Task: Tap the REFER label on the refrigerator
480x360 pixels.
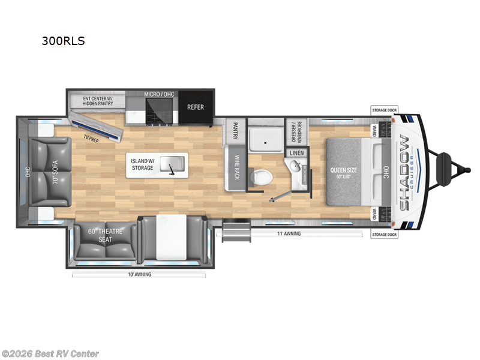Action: click(196, 107)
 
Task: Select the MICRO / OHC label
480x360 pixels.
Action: click(159, 94)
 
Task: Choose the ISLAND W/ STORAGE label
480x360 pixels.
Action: click(143, 164)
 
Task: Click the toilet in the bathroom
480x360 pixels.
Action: click(262, 176)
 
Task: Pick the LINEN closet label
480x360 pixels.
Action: click(296, 152)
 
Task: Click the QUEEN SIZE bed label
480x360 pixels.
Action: click(343, 173)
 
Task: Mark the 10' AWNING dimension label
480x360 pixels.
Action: click(139, 274)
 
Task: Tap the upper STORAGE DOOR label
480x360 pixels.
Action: click(384, 110)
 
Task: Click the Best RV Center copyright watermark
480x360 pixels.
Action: click(50, 354)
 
